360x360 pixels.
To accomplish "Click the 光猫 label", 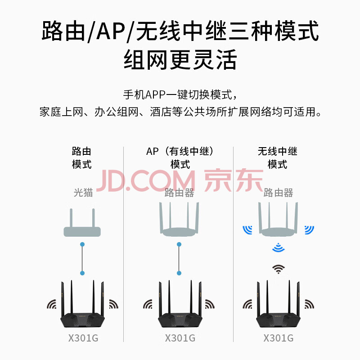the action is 83,193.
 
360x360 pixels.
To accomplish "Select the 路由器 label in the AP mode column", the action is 179,193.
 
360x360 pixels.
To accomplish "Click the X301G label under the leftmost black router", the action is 83,338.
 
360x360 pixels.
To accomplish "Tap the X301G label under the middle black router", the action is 180,338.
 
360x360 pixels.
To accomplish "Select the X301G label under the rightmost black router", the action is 278,338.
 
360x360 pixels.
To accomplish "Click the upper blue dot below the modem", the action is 82,244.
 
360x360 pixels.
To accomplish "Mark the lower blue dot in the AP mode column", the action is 179,273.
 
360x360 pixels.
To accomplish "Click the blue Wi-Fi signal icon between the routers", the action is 278,247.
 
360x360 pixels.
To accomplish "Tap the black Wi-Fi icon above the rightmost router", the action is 278,269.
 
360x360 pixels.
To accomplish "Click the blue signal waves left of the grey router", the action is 247,230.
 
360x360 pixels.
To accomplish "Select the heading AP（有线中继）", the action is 180,151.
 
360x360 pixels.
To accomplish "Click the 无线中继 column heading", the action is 277,151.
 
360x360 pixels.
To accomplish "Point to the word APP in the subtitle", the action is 155,94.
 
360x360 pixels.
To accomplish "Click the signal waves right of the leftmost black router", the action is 114,304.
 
